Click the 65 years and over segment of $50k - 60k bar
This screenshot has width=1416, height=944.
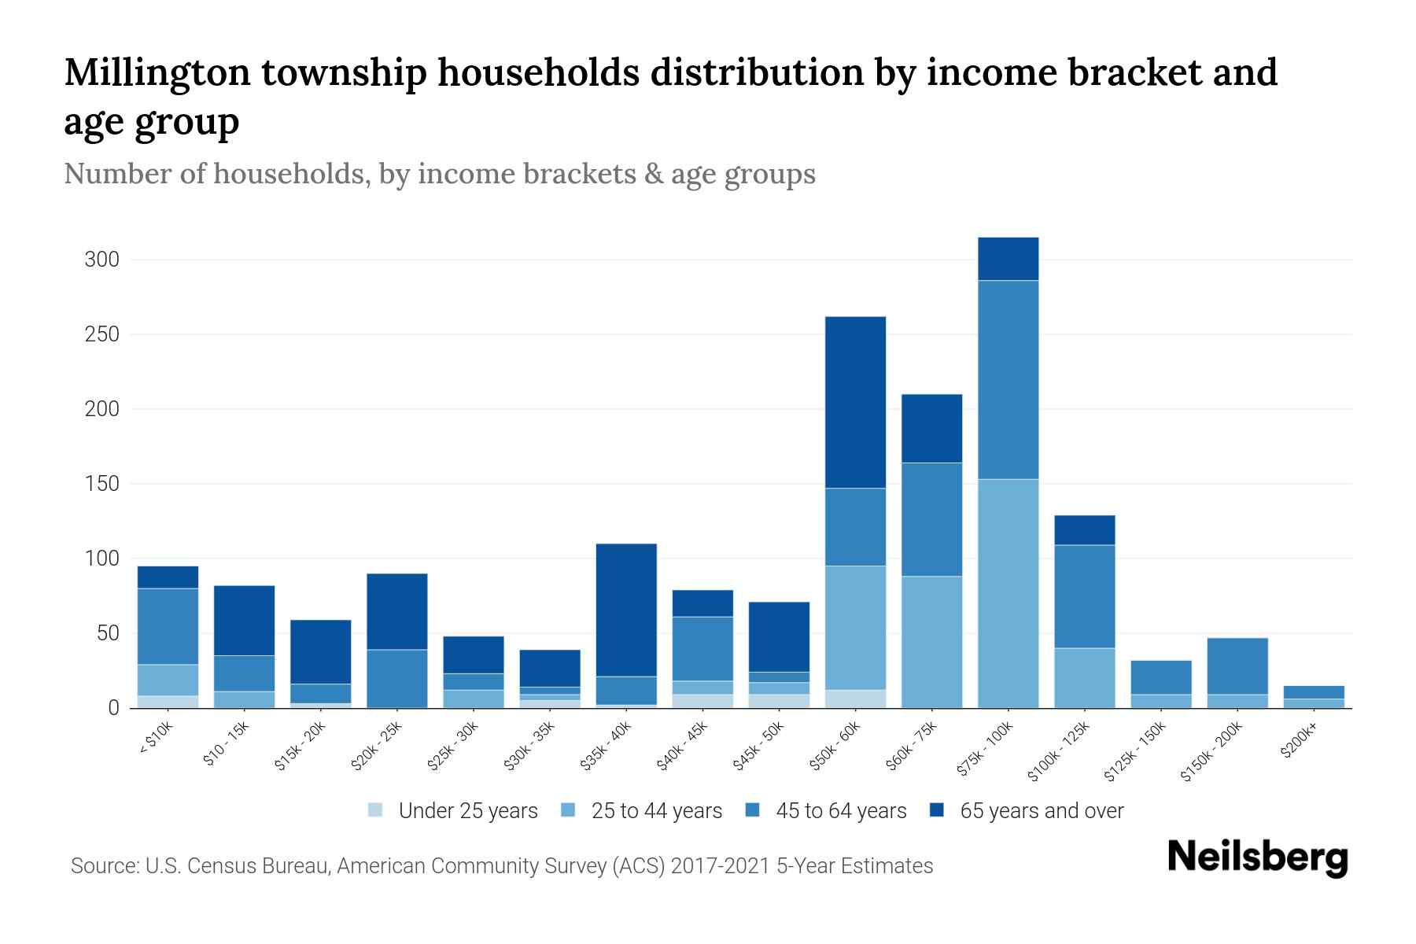pos(855,402)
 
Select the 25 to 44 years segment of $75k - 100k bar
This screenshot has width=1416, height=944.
pos(1008,593)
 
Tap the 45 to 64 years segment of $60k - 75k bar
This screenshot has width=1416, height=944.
pos(931,519)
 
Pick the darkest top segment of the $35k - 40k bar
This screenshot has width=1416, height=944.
pos(626,610)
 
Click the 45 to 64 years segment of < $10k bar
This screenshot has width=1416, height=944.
pos(168,626)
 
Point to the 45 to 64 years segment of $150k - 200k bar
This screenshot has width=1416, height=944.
pos(1237,666)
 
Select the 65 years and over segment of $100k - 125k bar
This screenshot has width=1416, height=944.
pos(1084,530)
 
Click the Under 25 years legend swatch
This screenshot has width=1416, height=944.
pos(376,809)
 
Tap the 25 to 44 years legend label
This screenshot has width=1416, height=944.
pos(656,810)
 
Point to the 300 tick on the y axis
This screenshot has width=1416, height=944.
pos(101,260)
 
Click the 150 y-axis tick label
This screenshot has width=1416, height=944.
pos(101,484)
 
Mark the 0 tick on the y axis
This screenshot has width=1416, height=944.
pos(113,708)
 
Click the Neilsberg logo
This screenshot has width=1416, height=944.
pos(1257,857)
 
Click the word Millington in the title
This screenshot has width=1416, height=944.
pos(157,72)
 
